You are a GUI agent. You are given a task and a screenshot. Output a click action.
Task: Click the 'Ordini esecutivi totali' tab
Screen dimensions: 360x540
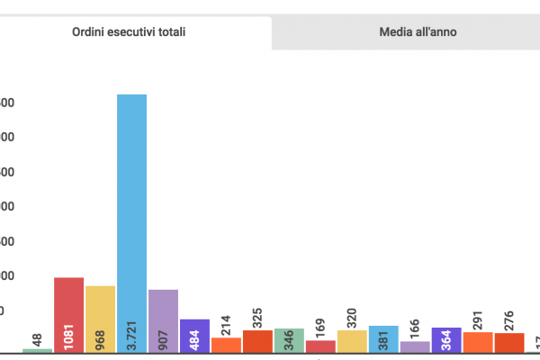(135, 31)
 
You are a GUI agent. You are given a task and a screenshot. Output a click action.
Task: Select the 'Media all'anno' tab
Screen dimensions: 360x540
(405, 31)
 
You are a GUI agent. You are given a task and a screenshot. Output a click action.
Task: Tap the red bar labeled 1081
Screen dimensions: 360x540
(68, 314)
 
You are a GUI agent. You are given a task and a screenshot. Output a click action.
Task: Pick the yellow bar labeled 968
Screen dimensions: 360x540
(100, 319)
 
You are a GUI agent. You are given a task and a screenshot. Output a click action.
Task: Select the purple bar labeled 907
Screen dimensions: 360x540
(163, 320)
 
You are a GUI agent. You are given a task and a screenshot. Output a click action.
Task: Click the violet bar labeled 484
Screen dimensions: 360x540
(194, 335)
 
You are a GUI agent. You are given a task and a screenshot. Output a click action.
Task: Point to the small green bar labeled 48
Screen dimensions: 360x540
(37, 350)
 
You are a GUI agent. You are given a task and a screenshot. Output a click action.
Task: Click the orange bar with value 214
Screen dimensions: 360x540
(226, 345)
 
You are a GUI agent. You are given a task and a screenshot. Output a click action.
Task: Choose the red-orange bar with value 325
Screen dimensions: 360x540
(257, 341)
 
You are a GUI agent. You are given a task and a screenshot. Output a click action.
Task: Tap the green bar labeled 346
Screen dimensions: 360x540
(289, 340)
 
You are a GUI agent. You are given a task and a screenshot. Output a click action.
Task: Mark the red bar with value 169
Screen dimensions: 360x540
(320, 346)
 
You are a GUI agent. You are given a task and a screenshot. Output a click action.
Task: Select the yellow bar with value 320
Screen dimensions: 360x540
(352, 341)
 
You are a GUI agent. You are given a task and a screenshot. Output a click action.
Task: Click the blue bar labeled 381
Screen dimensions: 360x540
(383, 338)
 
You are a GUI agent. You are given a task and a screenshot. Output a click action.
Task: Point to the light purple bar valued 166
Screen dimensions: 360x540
(415, 346)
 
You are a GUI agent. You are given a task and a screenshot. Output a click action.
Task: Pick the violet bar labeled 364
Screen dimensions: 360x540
(446, 339)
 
